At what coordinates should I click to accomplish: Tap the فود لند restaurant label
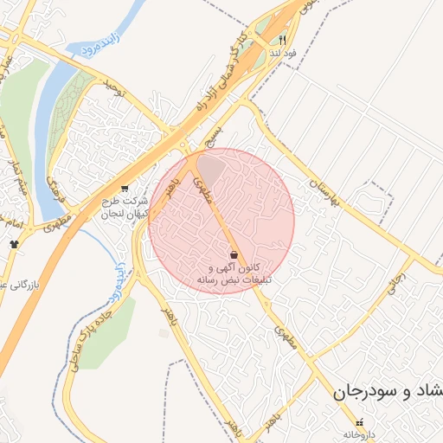coord(282,54)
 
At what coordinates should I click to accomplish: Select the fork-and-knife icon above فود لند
coord(282,41)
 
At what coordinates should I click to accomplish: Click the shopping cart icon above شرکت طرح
coord(125,188)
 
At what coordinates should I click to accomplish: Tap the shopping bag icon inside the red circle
coord(235,254)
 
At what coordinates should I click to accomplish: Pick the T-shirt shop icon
coord(13,244)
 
